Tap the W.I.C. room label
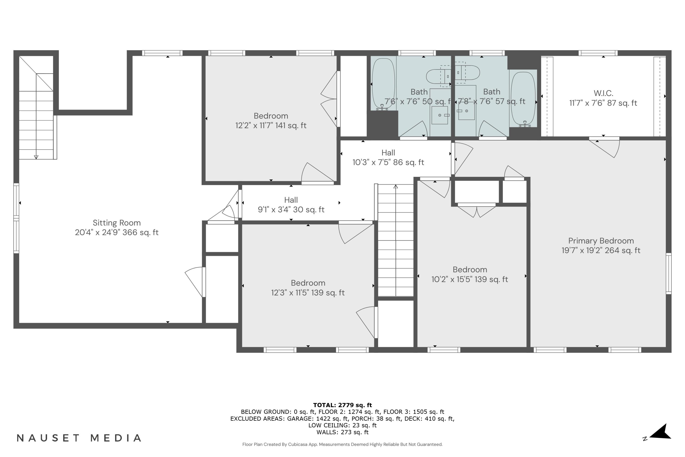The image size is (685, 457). coord(603,93)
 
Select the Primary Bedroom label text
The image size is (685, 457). coord(601,241)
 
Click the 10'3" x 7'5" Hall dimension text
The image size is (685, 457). coord(388,162)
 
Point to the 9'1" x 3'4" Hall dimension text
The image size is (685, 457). coord(291,210)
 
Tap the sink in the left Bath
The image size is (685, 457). coord(440,115)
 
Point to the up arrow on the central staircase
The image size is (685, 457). coord(395,186)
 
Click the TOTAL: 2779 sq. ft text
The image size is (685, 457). coord(342,405)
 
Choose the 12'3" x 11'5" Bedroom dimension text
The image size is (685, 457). coord(308,293)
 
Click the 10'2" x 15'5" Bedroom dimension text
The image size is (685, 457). coord(469,279)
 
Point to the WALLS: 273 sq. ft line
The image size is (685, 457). coord(342,432)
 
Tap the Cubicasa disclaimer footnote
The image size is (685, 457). coord(342,444)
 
